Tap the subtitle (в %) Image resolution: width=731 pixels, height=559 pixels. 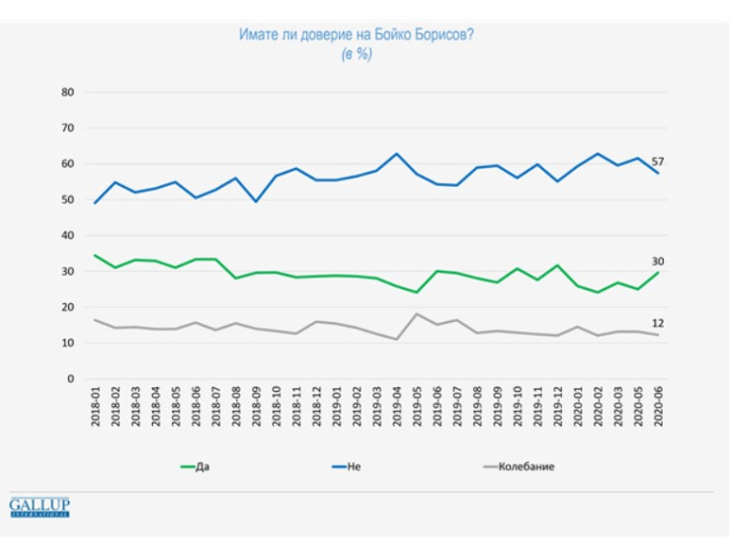358,54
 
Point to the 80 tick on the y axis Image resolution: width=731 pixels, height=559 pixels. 68,93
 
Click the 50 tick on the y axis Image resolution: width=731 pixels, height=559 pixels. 68,200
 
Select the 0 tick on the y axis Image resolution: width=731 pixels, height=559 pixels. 71,378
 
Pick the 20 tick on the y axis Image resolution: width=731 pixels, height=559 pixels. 68,307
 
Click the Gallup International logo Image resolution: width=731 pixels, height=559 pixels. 40,508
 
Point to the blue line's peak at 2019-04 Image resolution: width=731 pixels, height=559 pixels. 396,154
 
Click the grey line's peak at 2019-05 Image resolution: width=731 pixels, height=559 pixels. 416,314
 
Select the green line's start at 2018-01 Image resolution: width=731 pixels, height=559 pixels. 95,256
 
